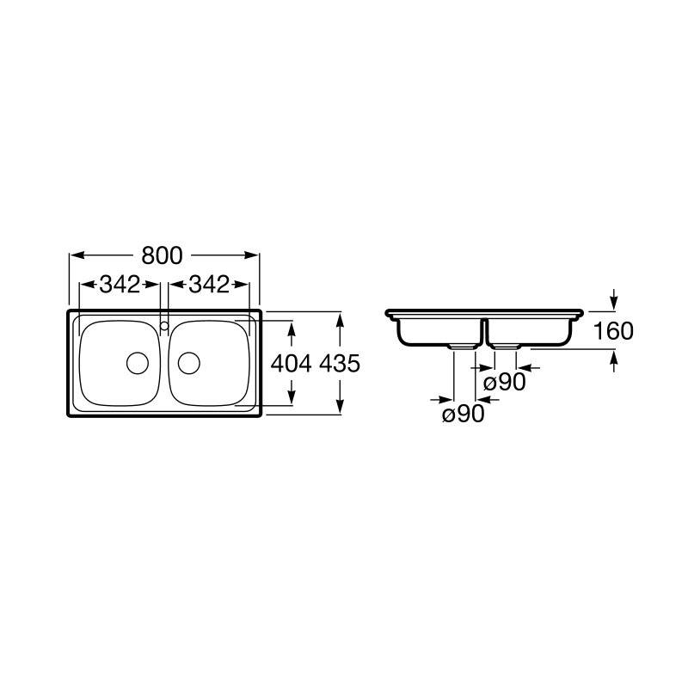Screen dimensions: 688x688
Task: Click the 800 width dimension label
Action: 162,255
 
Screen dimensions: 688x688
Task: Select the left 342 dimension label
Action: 120,285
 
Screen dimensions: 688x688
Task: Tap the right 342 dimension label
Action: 209,285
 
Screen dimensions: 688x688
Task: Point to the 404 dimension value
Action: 291,363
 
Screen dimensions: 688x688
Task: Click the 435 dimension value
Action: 340,363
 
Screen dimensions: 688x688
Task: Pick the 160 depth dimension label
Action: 613,331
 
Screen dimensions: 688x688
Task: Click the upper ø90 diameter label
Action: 504,382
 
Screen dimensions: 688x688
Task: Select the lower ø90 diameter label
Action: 464,414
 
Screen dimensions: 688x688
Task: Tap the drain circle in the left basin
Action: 138,363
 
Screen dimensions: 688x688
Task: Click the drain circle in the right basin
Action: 189,363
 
